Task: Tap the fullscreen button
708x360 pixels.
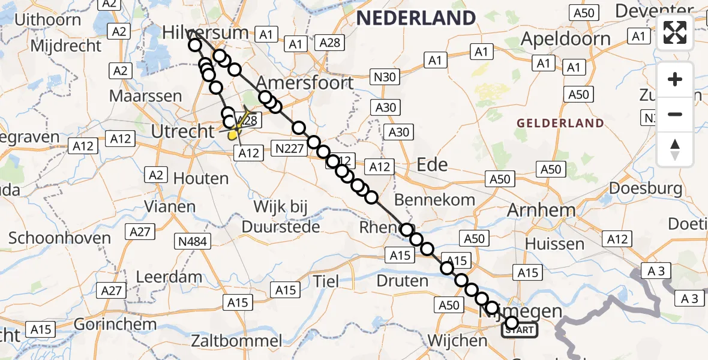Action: click(x=675, y=33)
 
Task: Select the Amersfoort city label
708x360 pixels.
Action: click(x=305, y=82)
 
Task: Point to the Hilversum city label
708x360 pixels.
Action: click(x=206, y=32)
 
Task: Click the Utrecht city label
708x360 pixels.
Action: click(x=182, y=131)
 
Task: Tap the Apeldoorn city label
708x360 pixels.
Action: click(x=566, y=39)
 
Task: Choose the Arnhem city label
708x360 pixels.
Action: click(x=541, y=210)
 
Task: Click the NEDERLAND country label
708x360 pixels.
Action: click(x=416, y=17)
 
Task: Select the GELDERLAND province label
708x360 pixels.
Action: click(x=560, y=124)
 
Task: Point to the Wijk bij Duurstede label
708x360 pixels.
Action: click(x=280, y=217)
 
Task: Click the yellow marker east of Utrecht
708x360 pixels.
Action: click(x=233, y=134)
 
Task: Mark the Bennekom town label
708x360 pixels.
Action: click(x=434, y=199)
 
